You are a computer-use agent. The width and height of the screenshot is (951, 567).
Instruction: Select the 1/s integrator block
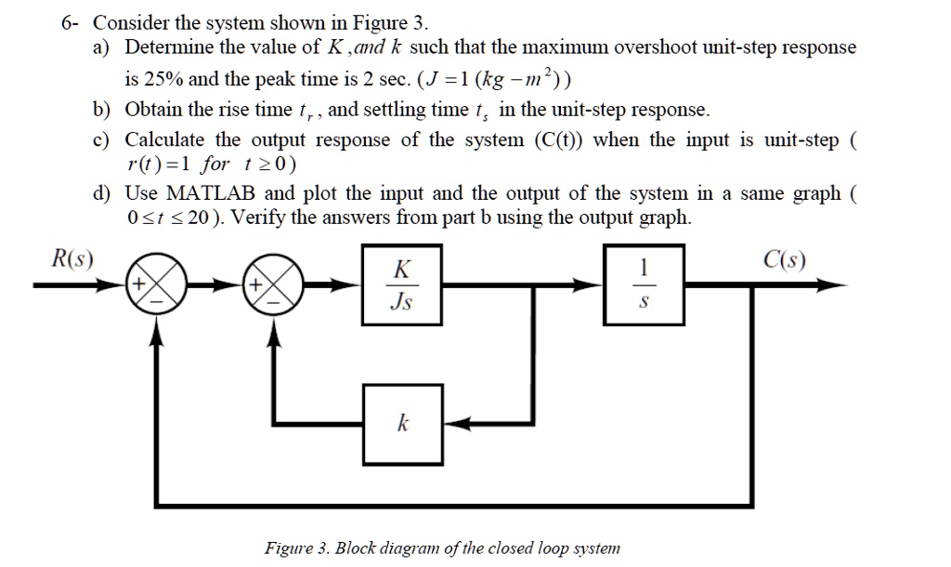644,285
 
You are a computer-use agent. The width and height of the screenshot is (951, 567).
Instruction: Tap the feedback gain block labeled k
403,424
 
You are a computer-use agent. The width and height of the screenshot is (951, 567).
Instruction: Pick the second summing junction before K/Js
274,285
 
